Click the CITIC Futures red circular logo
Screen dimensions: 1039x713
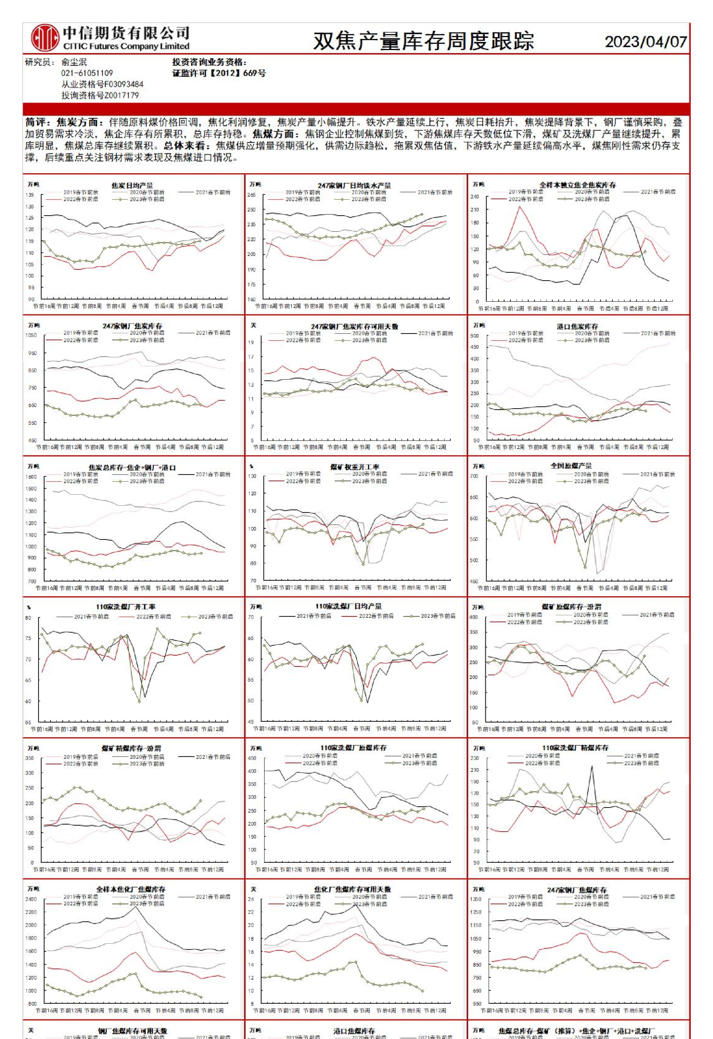point(45,38)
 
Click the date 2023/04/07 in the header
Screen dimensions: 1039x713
point(645,41)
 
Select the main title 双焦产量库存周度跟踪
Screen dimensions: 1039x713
point(423,41)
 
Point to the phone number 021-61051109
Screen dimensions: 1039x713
point(87,73)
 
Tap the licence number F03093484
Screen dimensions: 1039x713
point(124,84)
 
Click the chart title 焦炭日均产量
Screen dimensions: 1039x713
point(132,185)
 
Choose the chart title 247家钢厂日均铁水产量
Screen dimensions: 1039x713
point(354,185)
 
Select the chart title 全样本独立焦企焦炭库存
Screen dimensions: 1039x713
point(577,185)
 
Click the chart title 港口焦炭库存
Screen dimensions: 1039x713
point(577,326)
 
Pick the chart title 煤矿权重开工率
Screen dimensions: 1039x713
point(354,467)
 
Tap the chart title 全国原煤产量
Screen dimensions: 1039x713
point(571,466)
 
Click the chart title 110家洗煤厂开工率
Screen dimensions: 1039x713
point(126,607)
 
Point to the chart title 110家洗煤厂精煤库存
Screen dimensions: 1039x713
point(575,748)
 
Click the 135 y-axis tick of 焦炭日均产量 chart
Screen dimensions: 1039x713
point(30,195)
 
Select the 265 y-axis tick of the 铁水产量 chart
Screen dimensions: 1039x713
point(251,195)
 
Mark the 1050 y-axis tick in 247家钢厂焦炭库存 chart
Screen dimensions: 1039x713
point(31,335)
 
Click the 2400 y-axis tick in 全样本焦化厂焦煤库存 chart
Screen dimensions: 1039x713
point(31,899)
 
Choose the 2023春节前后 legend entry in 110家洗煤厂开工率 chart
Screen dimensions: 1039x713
point(215,617)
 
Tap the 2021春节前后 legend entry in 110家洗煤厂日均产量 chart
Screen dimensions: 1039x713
point(314,616)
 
